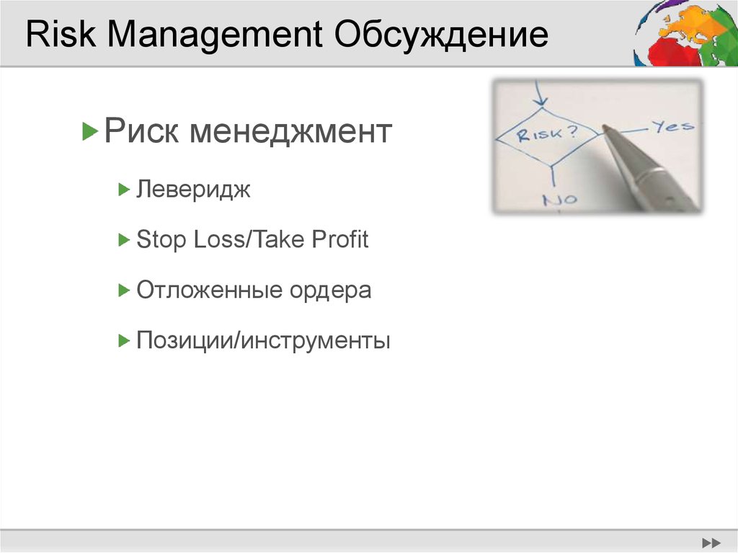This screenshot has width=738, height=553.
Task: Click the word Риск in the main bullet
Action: coord(143,132)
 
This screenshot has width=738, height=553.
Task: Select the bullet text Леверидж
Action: coord(193,190)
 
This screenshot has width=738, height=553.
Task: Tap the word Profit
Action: coord(339,239)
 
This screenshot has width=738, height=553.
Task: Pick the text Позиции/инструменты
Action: coord(263,340)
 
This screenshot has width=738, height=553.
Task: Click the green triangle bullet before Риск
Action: coord(89,132)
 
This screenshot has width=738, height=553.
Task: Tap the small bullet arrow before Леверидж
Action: coord(123,190)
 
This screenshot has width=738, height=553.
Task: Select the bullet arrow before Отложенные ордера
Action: coord(123,290)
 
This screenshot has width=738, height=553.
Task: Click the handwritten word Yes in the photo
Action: coord(672,126)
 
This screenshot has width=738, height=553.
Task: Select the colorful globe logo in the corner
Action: coord(685,33)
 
